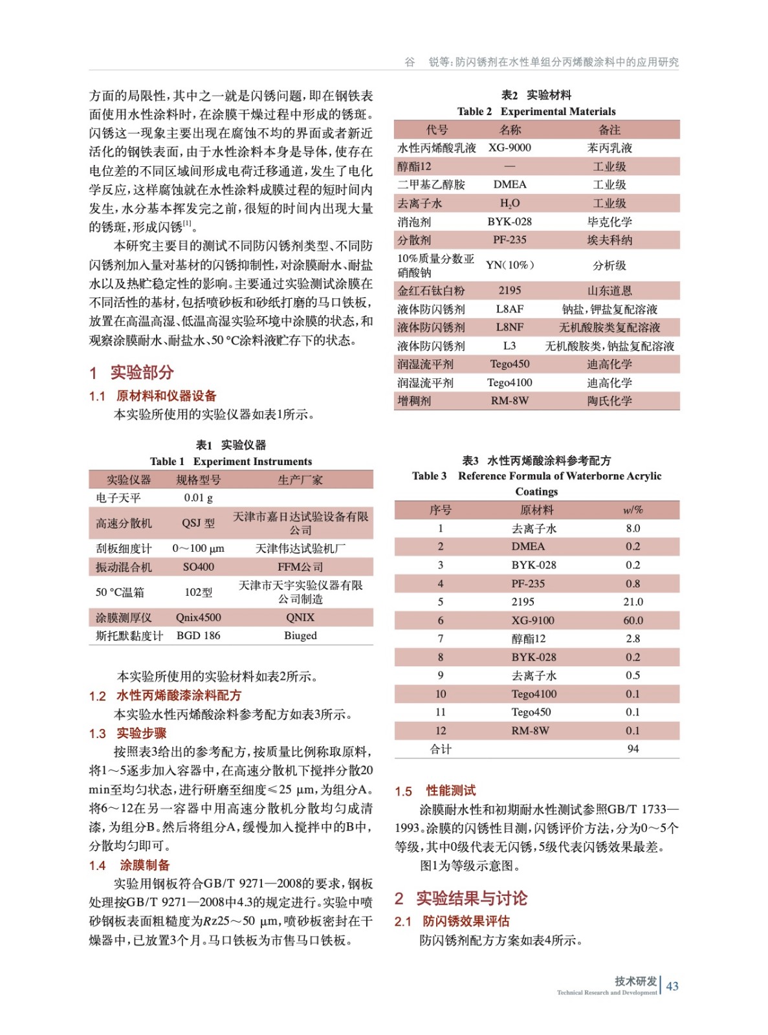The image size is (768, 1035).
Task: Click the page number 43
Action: (x=672, y=986)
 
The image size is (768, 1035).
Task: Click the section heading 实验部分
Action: (x=142, y=373)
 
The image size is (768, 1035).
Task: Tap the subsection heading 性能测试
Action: (x=450, y=790)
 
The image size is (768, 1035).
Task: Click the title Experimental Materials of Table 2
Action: (x=558, y=111)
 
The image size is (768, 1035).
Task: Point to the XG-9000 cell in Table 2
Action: (x=510, y=148)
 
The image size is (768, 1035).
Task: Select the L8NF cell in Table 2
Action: (x=510, y=327)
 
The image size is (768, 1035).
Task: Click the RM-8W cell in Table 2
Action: (x=510, y=401)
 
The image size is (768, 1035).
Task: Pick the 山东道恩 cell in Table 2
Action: (x=609, y=290)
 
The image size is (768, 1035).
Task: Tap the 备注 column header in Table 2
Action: (x=609, y=130)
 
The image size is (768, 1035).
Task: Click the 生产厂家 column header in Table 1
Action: (x=300, y=480)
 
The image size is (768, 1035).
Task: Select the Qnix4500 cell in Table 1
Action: (x=198, y=618)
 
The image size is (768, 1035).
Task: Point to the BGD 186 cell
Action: (x=198, y=636)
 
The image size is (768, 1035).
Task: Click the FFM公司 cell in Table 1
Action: (x=300, y=567)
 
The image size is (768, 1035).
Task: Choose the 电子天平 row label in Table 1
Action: (x=118, y=498)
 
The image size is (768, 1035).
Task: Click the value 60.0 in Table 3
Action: (x=633, y=620)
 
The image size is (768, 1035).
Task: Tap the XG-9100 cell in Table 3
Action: (x=532, y=620)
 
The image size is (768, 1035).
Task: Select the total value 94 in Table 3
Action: (x=633, y=749)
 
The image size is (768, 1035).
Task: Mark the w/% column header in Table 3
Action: (x=633, y=510)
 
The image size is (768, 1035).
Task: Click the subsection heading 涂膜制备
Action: (x=145, y=866)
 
